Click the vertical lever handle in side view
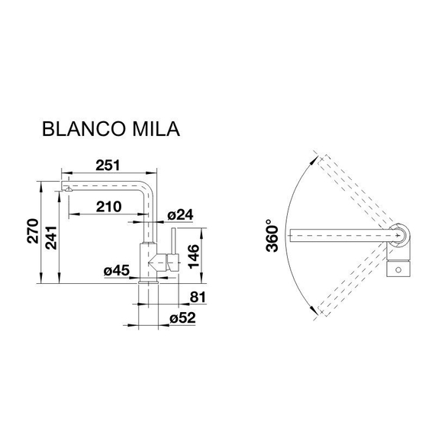coord(173,248)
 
